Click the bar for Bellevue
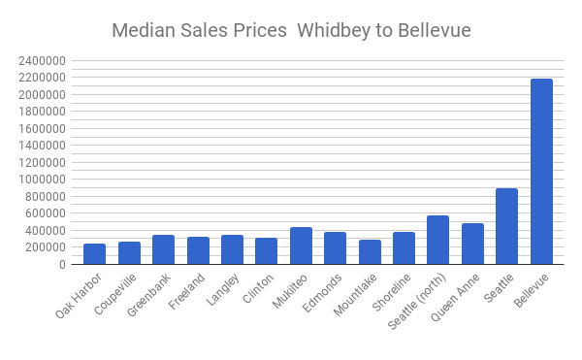tap(541, 172)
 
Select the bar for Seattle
tap(507, 226)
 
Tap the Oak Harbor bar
tap(95, 253)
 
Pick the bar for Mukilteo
tap(301, 245)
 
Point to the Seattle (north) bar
tap(438, 240)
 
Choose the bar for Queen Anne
tap(472, 244)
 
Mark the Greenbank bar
tap(163, 249)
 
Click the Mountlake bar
tap(370, 251)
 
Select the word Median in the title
tap(143, 30)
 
